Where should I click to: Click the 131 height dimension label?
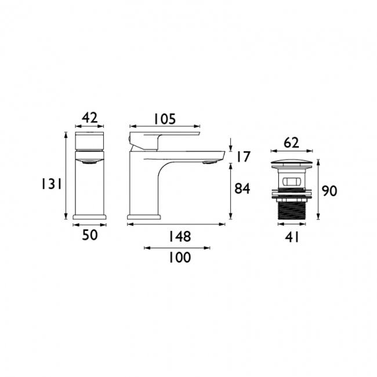point(52,184)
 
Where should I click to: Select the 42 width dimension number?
point(90,118)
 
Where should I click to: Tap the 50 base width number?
point(90,235)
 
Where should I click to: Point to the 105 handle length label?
point(165,119)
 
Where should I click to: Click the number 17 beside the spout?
point(244,157)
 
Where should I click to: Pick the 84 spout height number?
point(242,188)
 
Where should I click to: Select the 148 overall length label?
point(180,236)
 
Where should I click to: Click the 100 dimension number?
point(180,258)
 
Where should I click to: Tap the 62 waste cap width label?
point(291,143)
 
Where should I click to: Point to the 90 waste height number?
point(329,191)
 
